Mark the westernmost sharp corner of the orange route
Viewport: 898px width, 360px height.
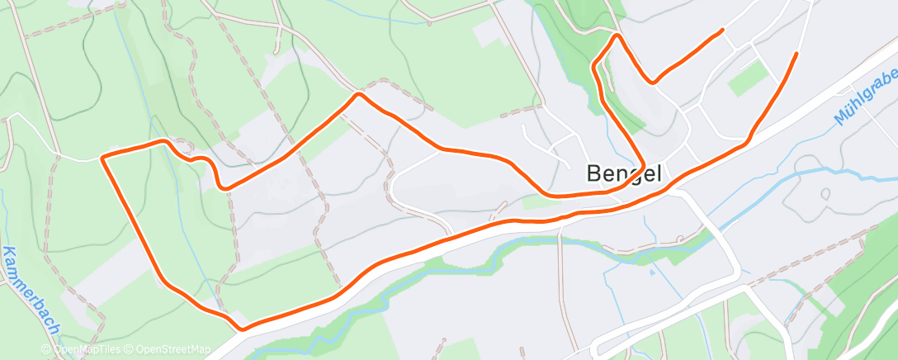click(102, 157)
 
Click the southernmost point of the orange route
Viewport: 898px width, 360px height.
click(242, 329)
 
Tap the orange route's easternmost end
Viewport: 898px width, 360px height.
click(796, 54)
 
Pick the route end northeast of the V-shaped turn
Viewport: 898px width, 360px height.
click(723, 31)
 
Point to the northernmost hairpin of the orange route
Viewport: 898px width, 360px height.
click(615, 36)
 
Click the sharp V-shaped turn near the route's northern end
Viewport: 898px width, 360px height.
click(653, 83)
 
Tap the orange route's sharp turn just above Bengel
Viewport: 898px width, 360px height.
click(643, 164)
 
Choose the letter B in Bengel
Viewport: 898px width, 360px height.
click(595, 173)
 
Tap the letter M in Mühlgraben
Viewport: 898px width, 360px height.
click(840, 118)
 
